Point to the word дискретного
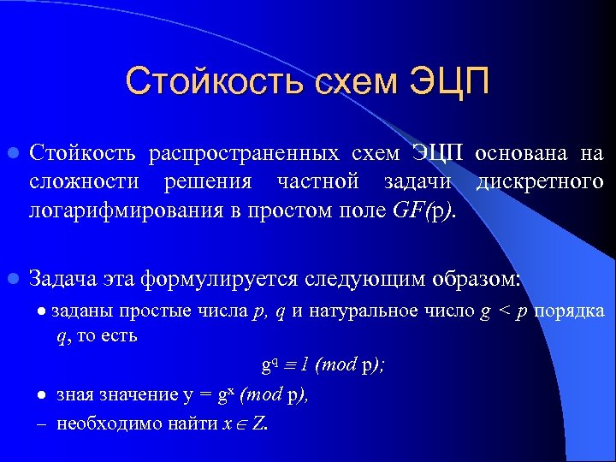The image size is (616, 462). point(539,182)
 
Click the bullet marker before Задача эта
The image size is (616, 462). point(12,278)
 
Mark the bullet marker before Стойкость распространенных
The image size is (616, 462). point(12,154)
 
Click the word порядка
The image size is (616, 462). point(569,311)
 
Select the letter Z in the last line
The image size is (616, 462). point(258,424)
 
